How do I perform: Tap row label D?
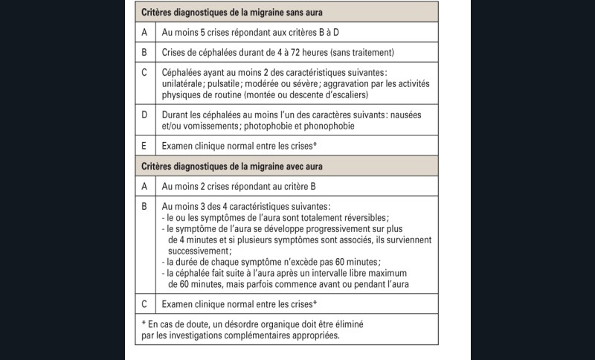[x=145, y=115]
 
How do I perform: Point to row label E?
[x=145, y=146]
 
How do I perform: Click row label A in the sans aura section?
[x=145, y=33]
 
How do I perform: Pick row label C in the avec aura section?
[x=145, y=303]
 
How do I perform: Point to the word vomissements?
[x=206, y=126]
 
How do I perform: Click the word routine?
[x=231, y=95]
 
